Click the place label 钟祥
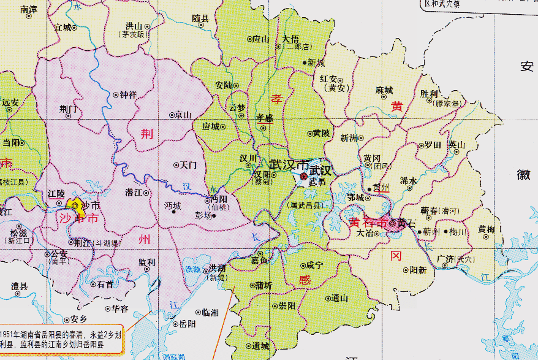[x=128, y=95]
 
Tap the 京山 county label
[x=183, y=115]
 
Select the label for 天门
[x=188, y=166]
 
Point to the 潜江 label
[x=134, y=193]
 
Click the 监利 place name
[x=147, y=262]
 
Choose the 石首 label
[x=105, y=285]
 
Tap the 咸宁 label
[x=314, y=266]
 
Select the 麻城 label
[x=384, y=90]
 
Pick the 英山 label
[x=457, y=145]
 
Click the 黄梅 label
[x=487, y=229]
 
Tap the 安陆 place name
[x=224, y=85]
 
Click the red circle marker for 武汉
[x=303, y=177]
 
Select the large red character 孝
[x=278, y=98]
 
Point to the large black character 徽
[x=525, y=174]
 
